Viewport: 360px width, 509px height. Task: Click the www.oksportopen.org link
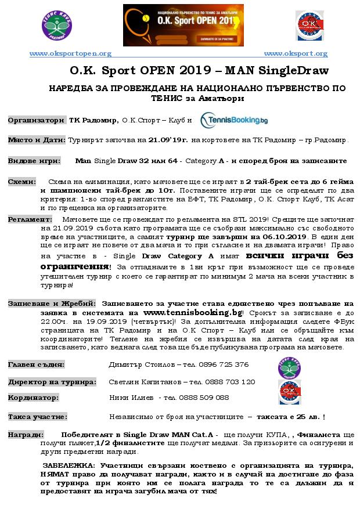pos(70,53)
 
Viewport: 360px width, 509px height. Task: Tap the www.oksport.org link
pos(295,53)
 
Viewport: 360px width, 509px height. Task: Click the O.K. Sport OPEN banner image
pos(183,25)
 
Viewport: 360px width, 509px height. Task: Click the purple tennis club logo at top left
pos(57,26)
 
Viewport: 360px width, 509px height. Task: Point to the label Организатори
pos(35,120)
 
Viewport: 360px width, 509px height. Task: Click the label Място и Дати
pos(37,140)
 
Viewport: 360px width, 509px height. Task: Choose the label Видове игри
pos(34,160)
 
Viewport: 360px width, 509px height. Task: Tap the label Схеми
pos(22,182)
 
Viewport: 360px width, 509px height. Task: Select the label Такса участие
pos(37,417)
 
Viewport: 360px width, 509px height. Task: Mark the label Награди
pos(25,435)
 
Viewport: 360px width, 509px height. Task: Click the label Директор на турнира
pos(52,382)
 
